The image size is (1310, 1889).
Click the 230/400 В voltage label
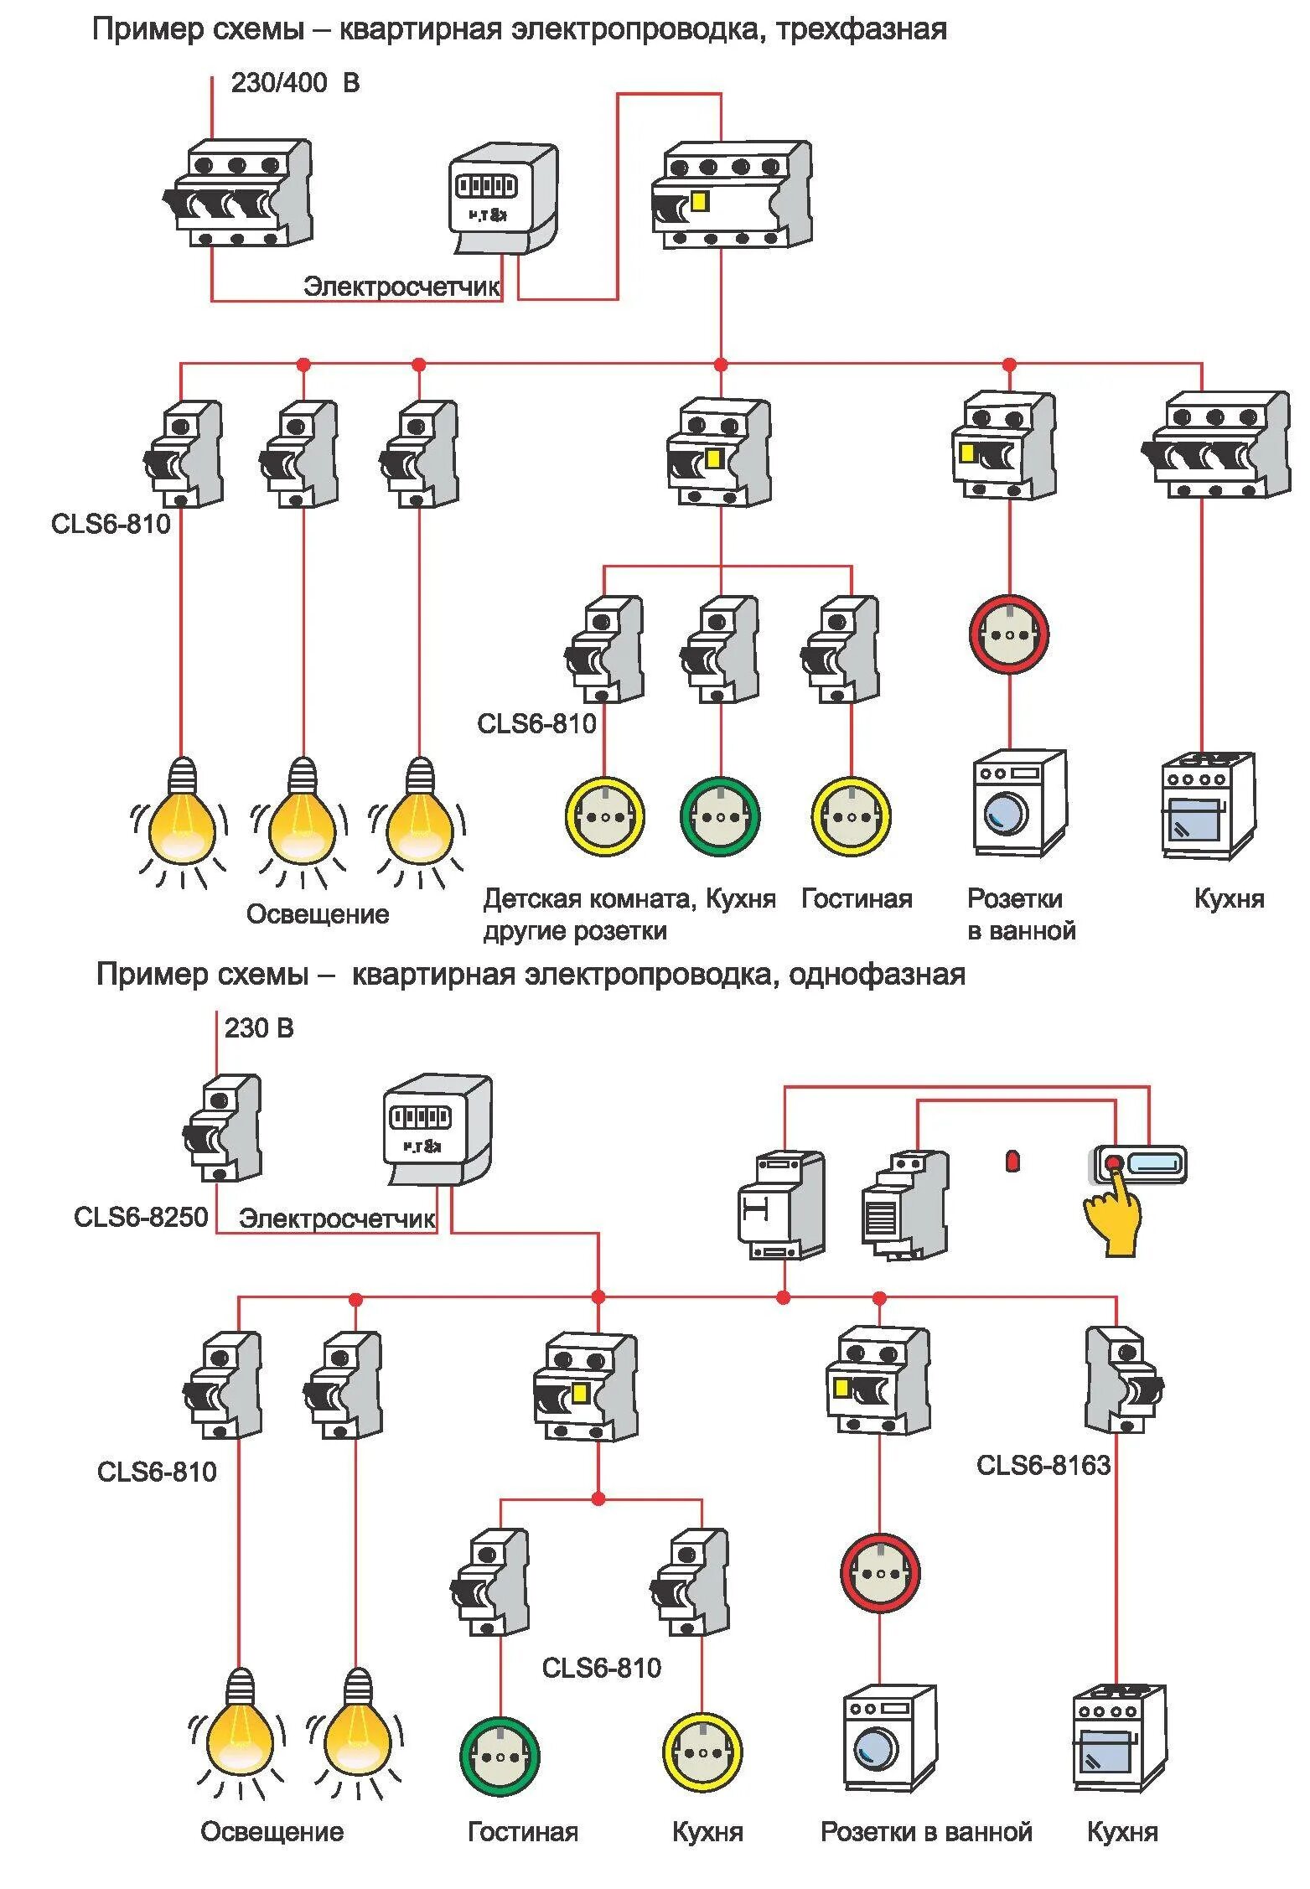coord(294,83)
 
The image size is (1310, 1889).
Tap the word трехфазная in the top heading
coord(862,30)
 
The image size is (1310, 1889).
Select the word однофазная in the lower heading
coord(877,975)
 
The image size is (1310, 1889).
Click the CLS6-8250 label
coord(141,1216)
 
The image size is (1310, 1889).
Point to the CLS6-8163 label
coord(1043,1465)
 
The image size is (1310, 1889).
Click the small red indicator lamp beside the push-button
coord(1012,1162)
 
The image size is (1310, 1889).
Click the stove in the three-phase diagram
coord(1208,805)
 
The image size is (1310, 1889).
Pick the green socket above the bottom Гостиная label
coord(500,1757)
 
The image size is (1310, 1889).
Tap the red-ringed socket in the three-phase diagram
coord(1009,634)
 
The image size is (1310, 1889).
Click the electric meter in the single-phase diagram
coord(436,1129)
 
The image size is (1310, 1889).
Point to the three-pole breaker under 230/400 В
coord(238,194)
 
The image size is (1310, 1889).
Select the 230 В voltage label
coord(259,1028)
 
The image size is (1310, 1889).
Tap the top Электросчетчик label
coord(401,287)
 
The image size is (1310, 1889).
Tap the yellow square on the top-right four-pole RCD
coord(699,202)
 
